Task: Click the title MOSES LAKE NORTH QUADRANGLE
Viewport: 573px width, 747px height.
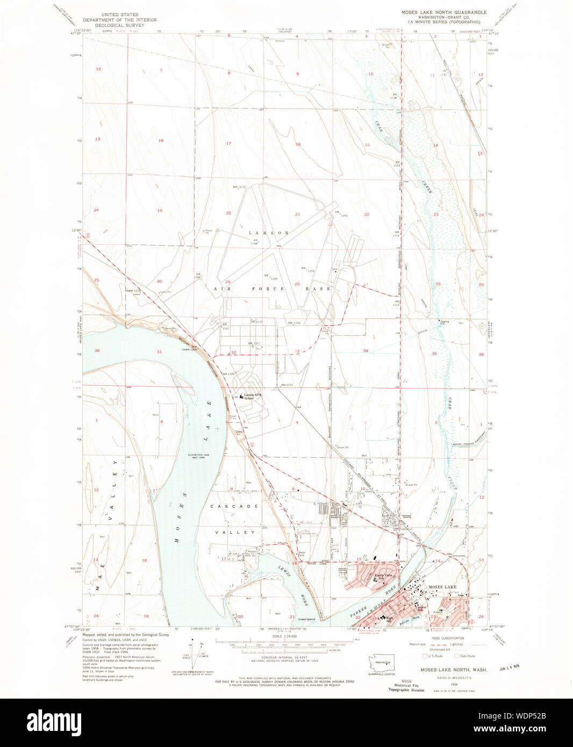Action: [x=443, y=12]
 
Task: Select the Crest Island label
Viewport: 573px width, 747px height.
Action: [x=306, y=619]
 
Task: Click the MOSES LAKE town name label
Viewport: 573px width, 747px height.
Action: [x=442, y=587]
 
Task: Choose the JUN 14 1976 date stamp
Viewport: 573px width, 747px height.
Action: [x=510, y=669]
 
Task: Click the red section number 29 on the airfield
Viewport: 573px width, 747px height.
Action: [x=228, y=282]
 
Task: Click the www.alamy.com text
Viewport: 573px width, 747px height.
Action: [x=529, y=729]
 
